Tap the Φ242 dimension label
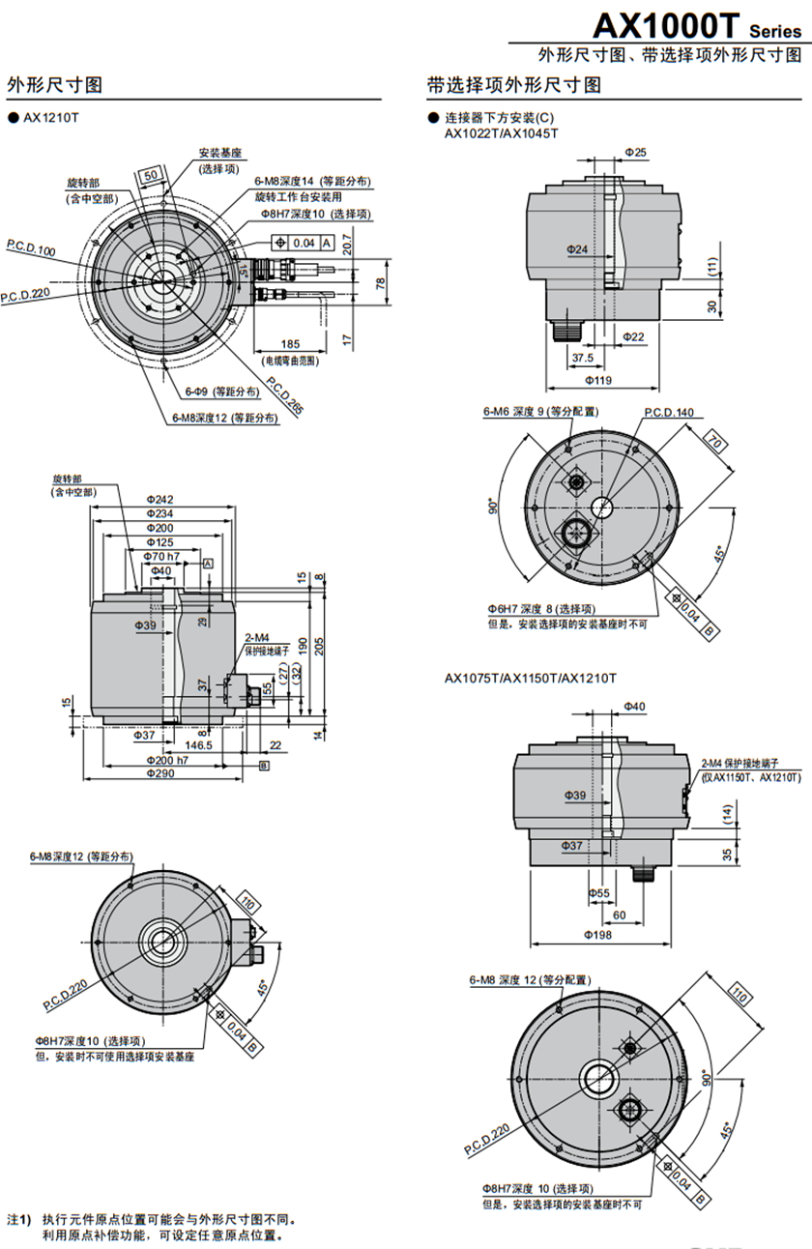click(x=160, y=499)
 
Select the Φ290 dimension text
click(x=160, y=773)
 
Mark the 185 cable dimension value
click(x=290, y=344)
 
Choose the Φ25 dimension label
click(x=635, y=152)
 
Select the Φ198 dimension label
click(x=600, y=935)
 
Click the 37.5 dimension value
click(x=582, y=357)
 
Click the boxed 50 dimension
click(x=150, y=175)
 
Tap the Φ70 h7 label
click(x=161, y=557)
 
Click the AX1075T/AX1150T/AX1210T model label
click(x=530, y=678)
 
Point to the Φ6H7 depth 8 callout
click(x=541, y=609)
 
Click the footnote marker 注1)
click(x=19, y=1219)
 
